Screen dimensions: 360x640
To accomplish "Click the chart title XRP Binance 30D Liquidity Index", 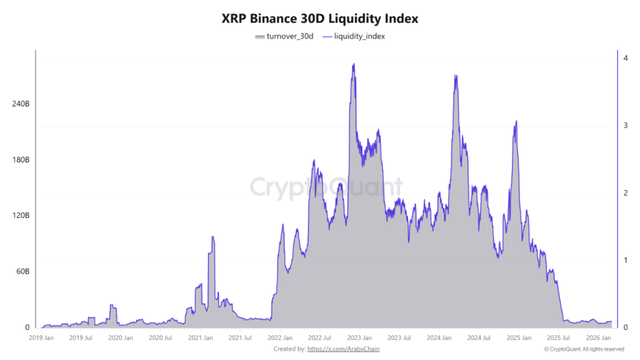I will point(320,19).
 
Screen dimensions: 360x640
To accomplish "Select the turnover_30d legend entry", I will point(284,36).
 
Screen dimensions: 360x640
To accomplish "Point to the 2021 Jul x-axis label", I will point(240,338).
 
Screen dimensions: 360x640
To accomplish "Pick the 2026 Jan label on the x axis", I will point(598,338).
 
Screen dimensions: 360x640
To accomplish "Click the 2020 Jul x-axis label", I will point(160,338).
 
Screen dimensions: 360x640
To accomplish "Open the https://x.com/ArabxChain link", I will point(343,349).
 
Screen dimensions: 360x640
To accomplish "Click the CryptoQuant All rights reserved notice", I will point(584,349).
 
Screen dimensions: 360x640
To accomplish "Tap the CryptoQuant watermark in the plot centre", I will point(327,187).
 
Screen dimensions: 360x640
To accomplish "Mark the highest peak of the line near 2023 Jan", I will point(354,64).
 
